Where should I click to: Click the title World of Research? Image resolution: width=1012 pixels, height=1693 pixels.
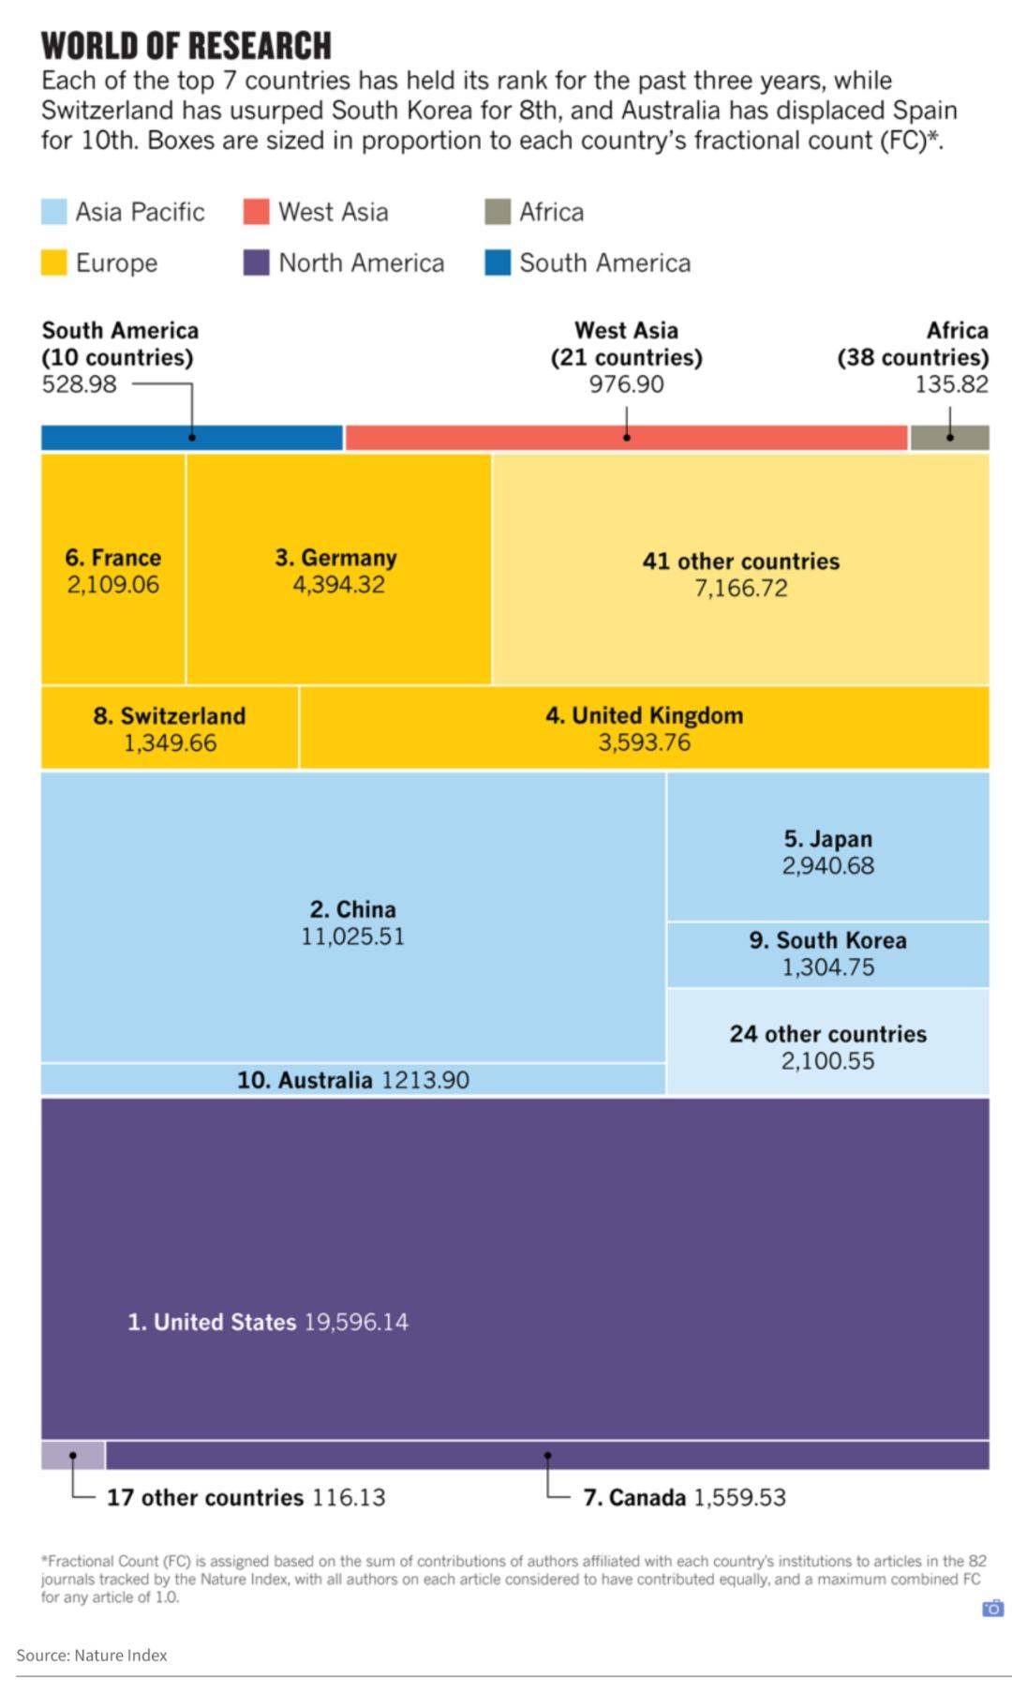(186, 46)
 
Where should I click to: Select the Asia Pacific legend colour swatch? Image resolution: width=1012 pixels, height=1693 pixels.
(54, 212)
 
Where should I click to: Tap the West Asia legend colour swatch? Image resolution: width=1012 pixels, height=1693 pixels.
(256, 212)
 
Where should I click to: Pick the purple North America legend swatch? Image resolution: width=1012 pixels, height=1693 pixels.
(256, 262)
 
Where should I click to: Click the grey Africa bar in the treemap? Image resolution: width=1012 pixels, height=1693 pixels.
(949, 438)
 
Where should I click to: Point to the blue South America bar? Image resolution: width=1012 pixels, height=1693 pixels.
(192, 438)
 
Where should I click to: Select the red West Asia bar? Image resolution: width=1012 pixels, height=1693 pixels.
(626, 438)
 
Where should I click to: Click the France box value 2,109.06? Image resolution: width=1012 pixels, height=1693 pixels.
(113, 585)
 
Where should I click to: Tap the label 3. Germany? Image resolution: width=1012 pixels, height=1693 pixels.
(336, 558)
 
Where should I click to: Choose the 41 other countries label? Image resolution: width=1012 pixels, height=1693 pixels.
(740, 562)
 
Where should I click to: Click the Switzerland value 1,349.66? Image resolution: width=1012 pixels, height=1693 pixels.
(170, 743)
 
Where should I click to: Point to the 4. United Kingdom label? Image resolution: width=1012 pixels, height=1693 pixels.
(644, 715)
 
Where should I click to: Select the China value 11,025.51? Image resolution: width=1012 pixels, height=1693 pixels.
(352, 936)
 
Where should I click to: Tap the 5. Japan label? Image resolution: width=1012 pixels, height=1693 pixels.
(828, 839)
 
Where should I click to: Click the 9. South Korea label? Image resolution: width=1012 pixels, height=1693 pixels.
(828, 940)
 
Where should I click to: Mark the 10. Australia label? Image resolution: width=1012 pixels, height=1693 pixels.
(305, 1080)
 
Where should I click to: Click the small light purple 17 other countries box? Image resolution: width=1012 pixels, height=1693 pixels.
(73, 1455)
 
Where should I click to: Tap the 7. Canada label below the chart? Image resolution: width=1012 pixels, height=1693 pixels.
(634, 1497)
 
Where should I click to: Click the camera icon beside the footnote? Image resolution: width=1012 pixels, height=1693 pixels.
(992, 1609)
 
